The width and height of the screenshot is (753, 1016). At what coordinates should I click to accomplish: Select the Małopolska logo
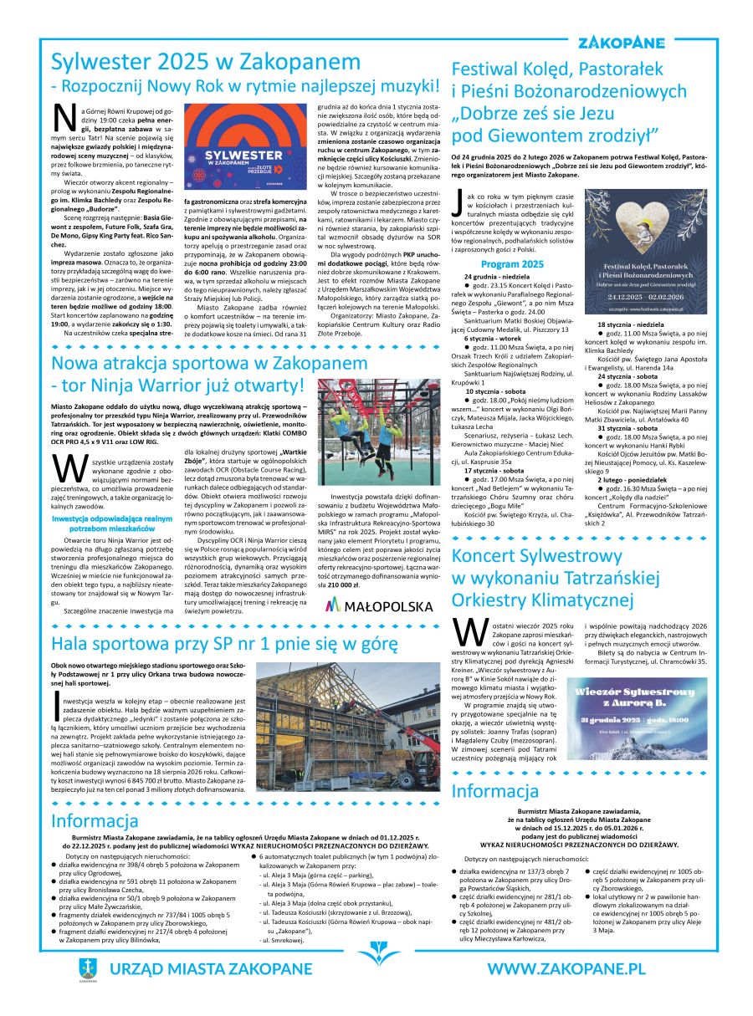click(378, 605)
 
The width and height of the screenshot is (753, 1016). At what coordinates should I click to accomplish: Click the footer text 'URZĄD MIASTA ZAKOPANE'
click(210, 969)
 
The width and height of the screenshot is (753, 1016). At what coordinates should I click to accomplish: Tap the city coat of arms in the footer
click(88, 969)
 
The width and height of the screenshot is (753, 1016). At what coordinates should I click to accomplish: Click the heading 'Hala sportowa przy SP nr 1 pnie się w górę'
click(223, 644)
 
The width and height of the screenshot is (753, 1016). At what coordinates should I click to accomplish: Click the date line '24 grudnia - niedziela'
click(498, 276)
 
